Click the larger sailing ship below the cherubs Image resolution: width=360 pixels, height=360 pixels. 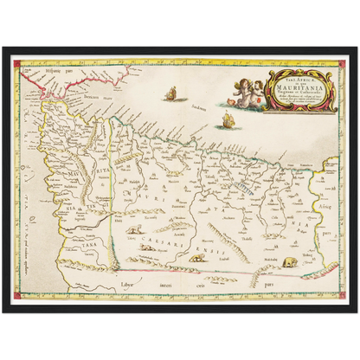(229, 119)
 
